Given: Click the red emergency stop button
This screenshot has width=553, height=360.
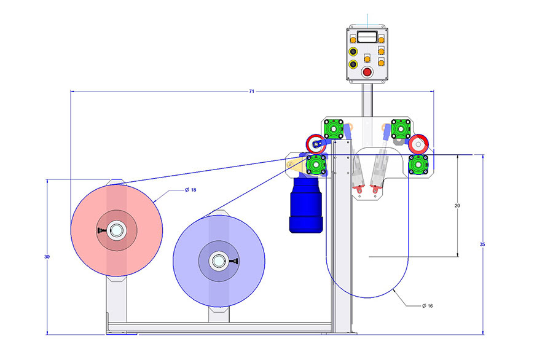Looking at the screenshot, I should click(x=367, y=72).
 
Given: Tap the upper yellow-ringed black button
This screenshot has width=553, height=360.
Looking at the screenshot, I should click(x=353, y=51).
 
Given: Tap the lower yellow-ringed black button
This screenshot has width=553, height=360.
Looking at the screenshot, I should click(x=353, y=64).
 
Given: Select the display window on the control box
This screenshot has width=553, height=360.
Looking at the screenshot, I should click(x=367, y=37).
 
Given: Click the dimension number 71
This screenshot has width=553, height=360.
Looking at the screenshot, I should click(x=252, y=91).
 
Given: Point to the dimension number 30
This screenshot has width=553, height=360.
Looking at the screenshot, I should click(x=47, y=256).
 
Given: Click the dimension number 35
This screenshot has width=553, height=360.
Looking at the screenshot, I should click(x=482, y=245).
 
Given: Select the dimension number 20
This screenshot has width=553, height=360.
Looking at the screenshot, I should click(x=457, y=206).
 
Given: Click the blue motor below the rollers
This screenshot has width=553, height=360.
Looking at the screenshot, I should click(x=306, y=205).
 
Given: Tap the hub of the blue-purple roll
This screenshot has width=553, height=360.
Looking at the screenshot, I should click(x=218, y=261).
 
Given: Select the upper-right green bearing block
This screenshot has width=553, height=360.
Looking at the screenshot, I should click(x=401, y=128).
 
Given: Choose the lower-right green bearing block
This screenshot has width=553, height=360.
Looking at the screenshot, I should click(x=418, y=164).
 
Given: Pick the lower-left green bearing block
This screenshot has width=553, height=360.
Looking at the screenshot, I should click(x=315, y=165).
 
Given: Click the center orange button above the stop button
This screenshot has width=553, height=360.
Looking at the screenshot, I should click(x=367, y=58).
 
